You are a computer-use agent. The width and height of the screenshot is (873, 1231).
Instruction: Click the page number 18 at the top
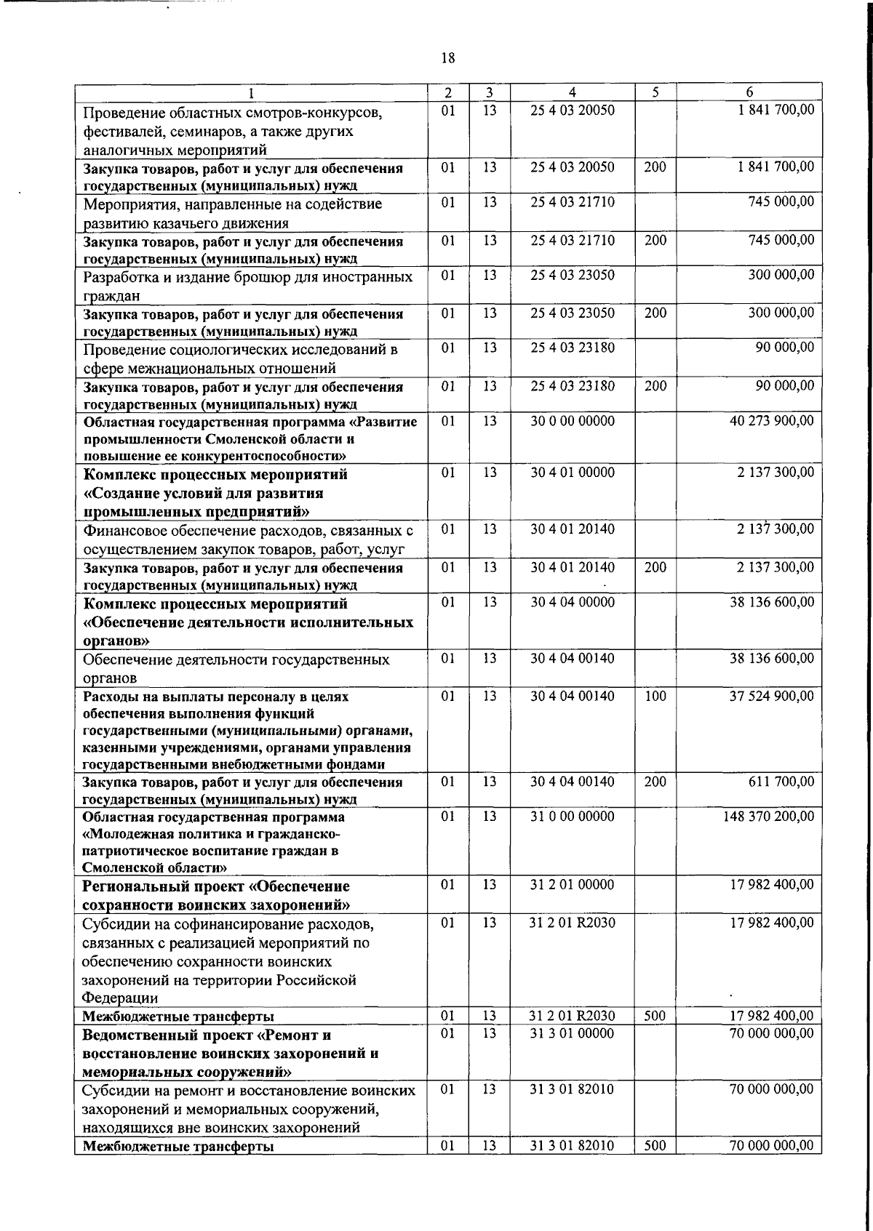[x=448, y=59]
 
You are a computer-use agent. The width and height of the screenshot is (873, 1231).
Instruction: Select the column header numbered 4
[x=573, y=92]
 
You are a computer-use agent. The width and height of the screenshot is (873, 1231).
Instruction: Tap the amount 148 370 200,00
[x=768, y=817]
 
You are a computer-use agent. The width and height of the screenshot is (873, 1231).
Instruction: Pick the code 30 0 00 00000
[x=572, y=421]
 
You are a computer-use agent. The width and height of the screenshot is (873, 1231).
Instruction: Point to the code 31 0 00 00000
[x=572, y=817]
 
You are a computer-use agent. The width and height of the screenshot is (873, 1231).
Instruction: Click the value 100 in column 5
[x=655, y=696]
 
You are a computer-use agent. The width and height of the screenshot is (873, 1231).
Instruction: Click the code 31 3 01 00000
[x=572, y=1033]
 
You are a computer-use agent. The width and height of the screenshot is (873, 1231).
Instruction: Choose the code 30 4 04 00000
[x=572, y=602]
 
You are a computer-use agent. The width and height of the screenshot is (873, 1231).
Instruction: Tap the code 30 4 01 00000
[x=572, y=473]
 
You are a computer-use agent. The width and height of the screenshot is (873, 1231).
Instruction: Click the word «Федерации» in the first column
[x=120, y=998]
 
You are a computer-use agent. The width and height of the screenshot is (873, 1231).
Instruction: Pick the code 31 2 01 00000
[x=572, y=885]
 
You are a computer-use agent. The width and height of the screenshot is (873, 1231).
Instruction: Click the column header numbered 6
[x=749, y=92]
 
